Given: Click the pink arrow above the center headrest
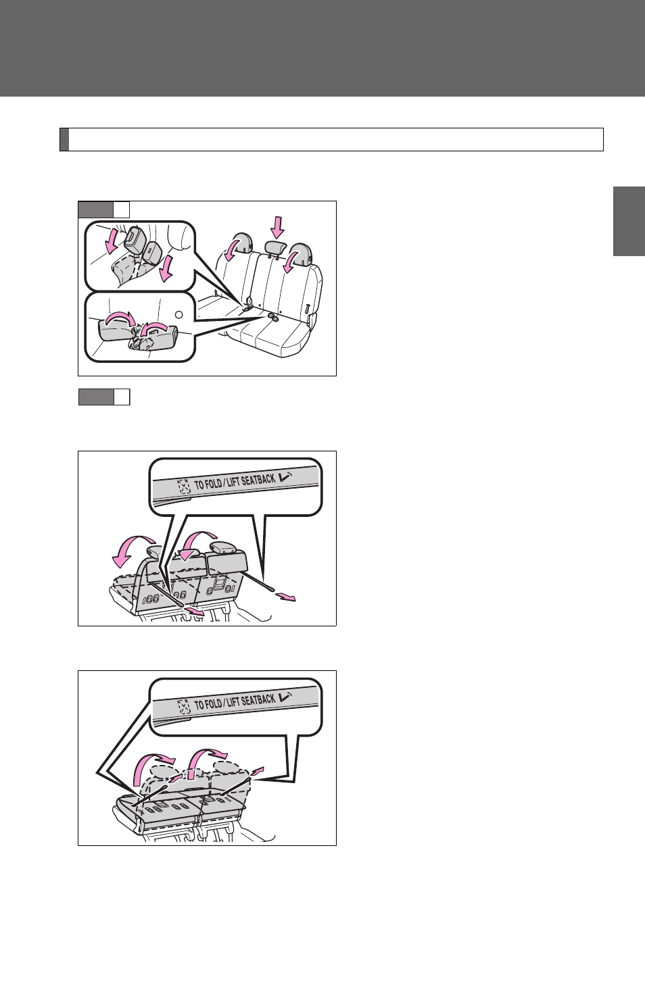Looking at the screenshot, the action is [278, 227].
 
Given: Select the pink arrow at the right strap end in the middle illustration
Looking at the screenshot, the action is [285, 597].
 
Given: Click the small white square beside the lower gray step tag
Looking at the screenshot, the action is [122, 397].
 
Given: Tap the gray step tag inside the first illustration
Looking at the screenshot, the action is [95, 209].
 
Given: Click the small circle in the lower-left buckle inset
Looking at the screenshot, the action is [178, 315].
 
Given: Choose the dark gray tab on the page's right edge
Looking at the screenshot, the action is [629, 222].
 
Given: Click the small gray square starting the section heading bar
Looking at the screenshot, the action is [64, 140].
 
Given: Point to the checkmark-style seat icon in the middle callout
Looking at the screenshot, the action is [286, 476].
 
